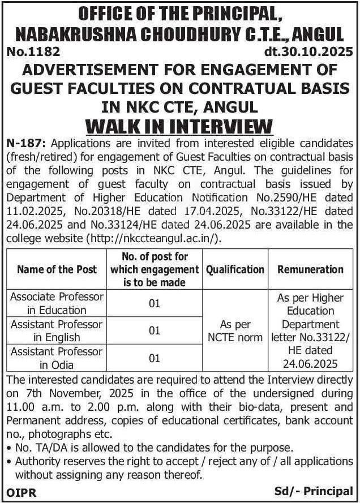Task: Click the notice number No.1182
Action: [x=33, y=53]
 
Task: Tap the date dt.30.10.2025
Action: [x=308, y=53]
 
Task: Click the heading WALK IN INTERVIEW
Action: [x=180, y=124]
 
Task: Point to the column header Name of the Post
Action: [x=57, y=269]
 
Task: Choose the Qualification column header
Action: [x=235, y=269]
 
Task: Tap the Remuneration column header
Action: [x=310, y=269]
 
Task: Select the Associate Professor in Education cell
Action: [x=57, y=303]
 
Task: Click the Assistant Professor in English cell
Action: [x=57, y=331]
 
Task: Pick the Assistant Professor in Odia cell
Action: [x=57, y=358]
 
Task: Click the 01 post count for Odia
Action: [x=155, y=358]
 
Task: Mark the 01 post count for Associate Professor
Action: [x=155, y=303]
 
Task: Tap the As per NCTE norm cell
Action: [x=235, y=331]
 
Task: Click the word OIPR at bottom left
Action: [x=22, y=492]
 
